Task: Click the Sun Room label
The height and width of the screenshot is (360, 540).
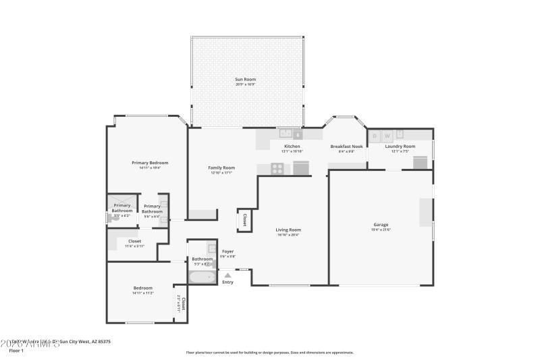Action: (x=246, y=79)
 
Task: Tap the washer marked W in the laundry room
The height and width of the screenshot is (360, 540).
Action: (x=387, y=135)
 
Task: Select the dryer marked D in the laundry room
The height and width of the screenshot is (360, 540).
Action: (x=375, y=135)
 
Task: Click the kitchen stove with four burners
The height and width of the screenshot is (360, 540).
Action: (x=277, y=169)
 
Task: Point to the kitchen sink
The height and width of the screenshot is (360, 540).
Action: (x=286, y=134)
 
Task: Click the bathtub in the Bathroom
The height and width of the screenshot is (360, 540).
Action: (x=201, y=277)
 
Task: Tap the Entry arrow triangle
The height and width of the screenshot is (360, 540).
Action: (x=227, y=275)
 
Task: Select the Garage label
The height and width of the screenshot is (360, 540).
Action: (x=381, y=225)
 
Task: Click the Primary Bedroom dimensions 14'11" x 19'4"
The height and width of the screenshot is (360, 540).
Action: (x=150, y=168)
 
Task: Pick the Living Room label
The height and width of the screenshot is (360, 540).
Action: (x=288, y=230)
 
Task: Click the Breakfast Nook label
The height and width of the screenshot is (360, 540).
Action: (x=346, y=147)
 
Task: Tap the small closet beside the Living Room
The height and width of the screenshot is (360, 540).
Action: (x=244, y=221)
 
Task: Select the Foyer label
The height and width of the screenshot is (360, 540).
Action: (x=227, y=251)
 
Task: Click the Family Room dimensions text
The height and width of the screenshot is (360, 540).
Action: (x=221, y=173)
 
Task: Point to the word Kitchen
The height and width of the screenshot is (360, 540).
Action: (x=292, y=147)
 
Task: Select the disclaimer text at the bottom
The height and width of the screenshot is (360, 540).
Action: (x=269, y=352)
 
